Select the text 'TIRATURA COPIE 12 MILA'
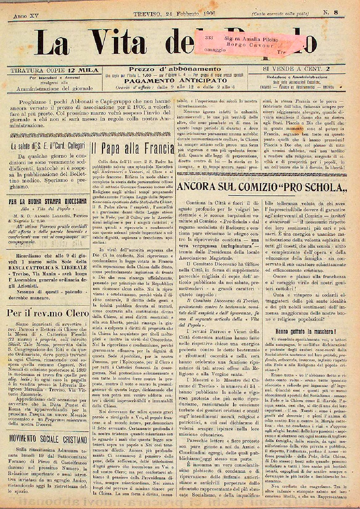[55, 70]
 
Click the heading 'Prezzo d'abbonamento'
[175, 69]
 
